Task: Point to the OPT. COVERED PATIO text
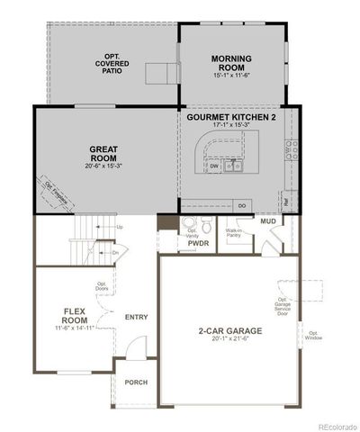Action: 113,65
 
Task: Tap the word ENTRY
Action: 137,317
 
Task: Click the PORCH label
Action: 137,382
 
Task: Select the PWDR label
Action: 198,243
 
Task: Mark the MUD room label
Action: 268,220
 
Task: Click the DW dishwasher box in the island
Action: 214,166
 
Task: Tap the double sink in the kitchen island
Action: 233,166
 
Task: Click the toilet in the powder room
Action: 190,224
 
